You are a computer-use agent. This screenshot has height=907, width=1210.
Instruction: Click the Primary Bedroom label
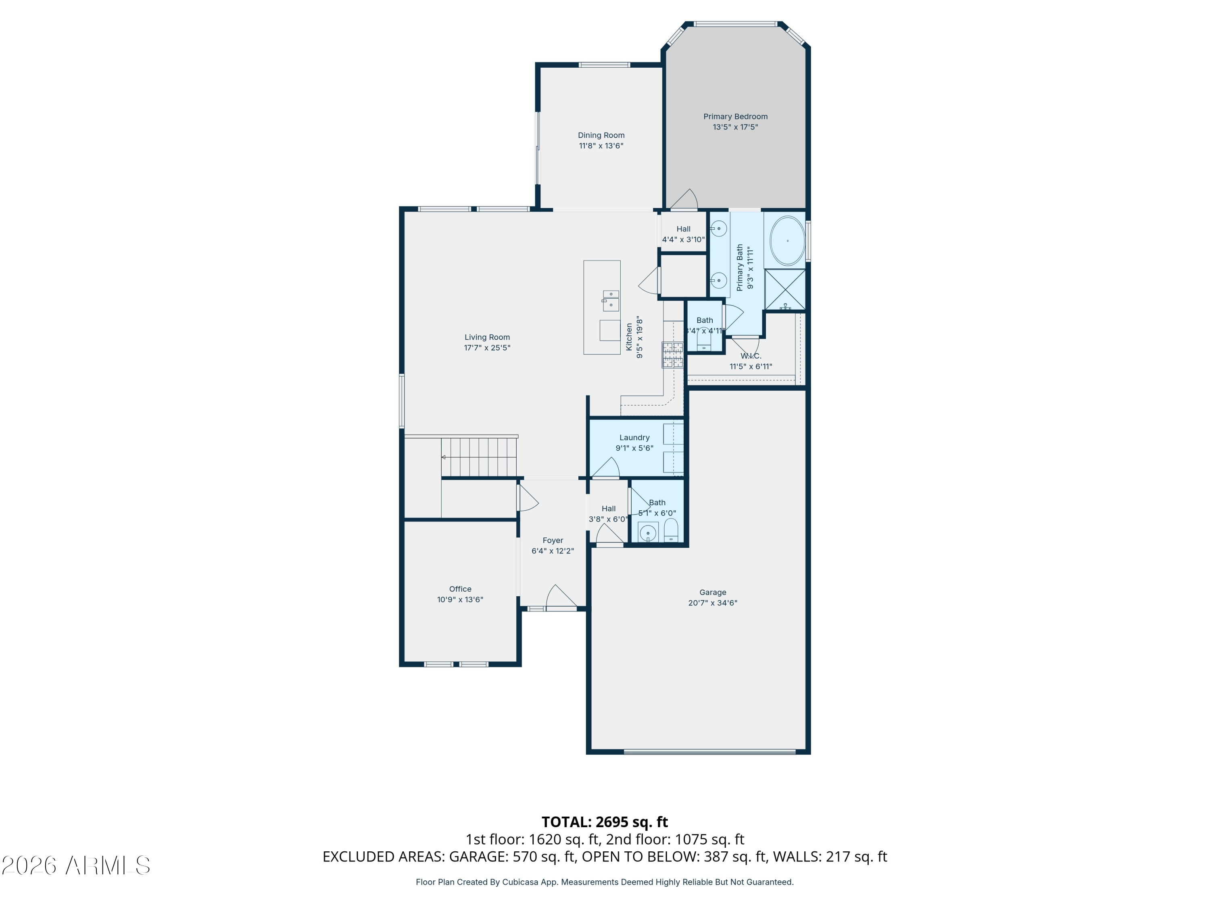tap(735, 116)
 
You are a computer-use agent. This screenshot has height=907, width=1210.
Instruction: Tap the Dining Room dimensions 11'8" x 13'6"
tap(601, 146)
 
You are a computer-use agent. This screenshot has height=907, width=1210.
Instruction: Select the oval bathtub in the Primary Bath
tap(787, 241)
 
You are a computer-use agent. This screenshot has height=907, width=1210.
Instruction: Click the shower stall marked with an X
tap(785, 289)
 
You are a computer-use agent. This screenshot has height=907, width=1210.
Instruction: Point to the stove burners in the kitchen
tap(672, 354)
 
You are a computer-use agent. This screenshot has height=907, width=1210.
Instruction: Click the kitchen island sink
tap(611, 300)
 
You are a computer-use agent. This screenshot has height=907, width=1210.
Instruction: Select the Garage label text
tap(712, 592)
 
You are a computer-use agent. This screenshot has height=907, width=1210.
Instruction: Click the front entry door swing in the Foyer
tap(559, 597)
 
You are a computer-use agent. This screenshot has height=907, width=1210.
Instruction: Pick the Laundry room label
tap(634, 437)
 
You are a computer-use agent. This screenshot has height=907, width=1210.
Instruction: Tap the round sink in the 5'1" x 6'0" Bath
tap(648, 533)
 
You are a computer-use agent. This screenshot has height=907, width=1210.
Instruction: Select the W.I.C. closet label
tap(751, 356)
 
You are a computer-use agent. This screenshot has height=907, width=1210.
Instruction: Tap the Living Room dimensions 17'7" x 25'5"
tap(487, 348)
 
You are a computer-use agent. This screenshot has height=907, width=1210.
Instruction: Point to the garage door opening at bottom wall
tap(709, 752)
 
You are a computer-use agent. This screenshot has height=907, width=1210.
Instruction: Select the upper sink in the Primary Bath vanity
tap(718, 229)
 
